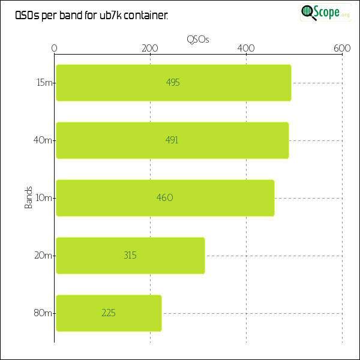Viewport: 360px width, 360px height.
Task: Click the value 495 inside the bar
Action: [173, 83]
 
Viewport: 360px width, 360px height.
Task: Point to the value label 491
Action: [172, 140]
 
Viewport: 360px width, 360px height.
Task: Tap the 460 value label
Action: [164, 198]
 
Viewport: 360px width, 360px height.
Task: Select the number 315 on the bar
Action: [130, 256]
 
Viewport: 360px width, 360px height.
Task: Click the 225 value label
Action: [109, 313]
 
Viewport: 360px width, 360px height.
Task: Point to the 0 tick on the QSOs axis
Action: [55, 49]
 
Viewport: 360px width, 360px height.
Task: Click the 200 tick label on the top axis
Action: [150, 49]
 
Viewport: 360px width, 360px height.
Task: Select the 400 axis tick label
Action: [246, 49]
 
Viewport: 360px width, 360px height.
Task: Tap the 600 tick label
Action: [342, 49]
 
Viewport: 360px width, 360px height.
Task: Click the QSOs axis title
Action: [198, 39]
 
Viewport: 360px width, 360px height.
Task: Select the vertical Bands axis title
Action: [28, 198]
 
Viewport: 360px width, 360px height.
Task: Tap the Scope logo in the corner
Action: [326, 12]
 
